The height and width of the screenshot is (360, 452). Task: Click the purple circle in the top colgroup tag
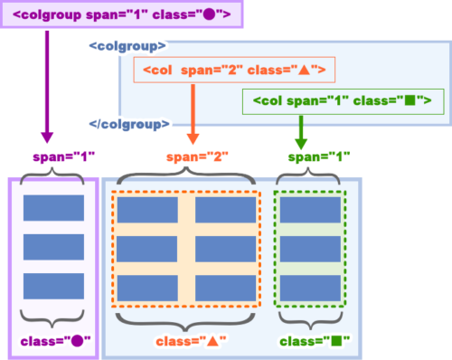point(210,14)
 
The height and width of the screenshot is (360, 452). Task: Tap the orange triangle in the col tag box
point(305,71)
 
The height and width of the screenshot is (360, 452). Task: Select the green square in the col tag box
point(410,100)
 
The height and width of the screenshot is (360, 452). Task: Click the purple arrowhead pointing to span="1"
point(47,137)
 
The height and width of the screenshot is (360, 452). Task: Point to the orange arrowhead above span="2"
point(193,139)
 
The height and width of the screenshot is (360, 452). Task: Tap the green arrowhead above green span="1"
point(301,144)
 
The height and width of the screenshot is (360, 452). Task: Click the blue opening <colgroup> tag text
point(127,46)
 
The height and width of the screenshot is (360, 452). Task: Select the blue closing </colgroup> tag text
point(129,124)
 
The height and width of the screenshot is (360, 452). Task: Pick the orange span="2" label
point(197,156)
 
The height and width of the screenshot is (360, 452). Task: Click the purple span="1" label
point(64,156)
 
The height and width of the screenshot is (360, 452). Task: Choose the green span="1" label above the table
point(319,156)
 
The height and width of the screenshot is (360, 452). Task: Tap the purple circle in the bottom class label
point(77,341)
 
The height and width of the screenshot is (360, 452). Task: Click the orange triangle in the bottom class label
point(212,341)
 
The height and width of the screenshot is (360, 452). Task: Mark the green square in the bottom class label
point(336,341)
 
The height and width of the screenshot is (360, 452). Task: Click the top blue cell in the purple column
point(53,208)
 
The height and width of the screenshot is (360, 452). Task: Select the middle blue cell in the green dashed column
point(310,249)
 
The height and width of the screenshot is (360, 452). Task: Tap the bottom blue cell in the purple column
point(53,286)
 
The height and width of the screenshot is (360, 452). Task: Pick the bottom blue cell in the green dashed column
point(310,288)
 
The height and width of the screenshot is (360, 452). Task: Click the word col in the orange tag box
point(162,71)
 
